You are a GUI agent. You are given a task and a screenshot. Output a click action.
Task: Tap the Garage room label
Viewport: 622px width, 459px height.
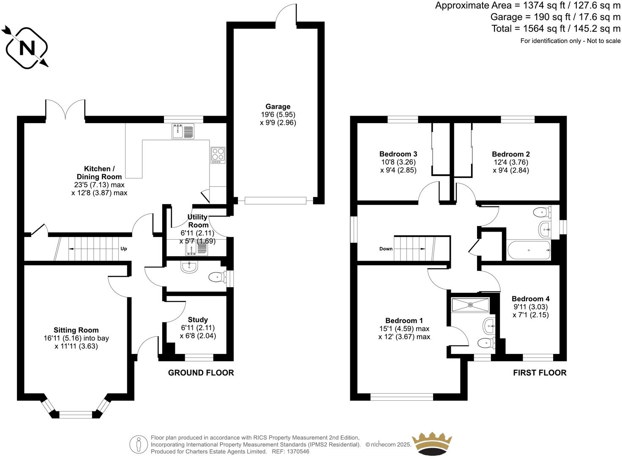coord(278,107)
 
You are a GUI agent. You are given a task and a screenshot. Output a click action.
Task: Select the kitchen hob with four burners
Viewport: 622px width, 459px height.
coord(218,155)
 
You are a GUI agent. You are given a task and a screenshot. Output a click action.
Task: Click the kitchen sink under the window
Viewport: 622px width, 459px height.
coord(183,131)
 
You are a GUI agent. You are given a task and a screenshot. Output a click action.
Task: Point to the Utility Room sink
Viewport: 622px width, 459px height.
coord(196,250)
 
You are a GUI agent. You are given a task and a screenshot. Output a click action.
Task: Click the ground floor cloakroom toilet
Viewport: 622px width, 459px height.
coord(217,278)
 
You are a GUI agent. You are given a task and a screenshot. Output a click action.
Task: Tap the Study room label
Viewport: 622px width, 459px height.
coord(198,320)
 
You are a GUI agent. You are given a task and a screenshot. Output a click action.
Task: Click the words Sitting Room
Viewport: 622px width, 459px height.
coord(76,330)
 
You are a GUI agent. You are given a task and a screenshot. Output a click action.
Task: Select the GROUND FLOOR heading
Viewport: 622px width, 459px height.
coord(201,373)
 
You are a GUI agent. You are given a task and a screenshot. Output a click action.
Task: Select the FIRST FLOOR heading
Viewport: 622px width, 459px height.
coord(540,373)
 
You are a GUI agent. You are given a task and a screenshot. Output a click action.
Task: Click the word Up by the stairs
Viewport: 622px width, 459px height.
coord(124,249)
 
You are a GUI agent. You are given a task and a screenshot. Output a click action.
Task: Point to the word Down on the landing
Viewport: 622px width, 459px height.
coord(386,249)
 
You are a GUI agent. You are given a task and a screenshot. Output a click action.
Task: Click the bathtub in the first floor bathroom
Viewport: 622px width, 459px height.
coord(529,251)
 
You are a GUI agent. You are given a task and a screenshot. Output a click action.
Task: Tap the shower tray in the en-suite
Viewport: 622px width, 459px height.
coord(470,305)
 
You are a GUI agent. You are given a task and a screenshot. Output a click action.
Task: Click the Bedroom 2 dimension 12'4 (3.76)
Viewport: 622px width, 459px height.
coord(510,162)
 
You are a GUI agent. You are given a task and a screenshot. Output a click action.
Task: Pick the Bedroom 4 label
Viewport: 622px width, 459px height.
coord(530,299)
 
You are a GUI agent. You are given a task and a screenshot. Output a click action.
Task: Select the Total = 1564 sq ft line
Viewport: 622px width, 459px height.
coord(556,29)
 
